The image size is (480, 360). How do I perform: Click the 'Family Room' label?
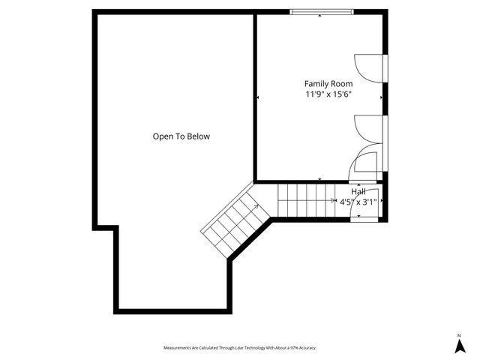[328, 83]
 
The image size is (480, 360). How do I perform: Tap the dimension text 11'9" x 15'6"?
[328, 94]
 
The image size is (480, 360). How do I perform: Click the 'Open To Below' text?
[181, 136]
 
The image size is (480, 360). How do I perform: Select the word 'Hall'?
[358, 192]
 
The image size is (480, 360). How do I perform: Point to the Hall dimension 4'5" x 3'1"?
[358, 202]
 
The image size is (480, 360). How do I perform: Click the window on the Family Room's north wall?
[321, 11]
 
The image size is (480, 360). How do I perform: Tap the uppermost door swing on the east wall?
[368, 67]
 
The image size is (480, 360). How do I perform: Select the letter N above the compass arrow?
[459, 334]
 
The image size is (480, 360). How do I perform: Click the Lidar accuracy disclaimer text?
[240, 348]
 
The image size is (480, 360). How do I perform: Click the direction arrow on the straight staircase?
[334, 200]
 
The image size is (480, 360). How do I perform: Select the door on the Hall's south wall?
[366, 217]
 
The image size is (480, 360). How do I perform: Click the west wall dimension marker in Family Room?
[258, 97]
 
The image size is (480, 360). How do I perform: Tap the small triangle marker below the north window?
[320, 16]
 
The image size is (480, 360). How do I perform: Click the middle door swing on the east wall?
[368, 127]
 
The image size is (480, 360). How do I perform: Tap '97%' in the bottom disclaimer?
[295, 348]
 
